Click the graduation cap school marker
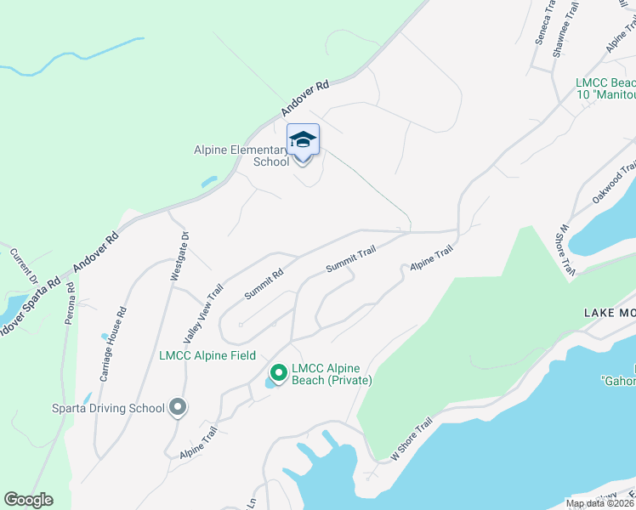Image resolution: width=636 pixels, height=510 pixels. pos(304,139)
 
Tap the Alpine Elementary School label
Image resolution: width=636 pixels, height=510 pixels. pos(242,156)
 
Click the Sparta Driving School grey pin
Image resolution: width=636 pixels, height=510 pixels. pos(178,408)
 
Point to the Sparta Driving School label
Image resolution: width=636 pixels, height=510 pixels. pos(107,408)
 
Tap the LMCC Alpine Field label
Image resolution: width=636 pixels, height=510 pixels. pos(207,354)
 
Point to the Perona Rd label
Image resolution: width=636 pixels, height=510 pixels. pos(71,300)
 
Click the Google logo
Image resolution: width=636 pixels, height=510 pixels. pos(28,500)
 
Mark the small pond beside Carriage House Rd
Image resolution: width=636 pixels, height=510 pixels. pos(105,337)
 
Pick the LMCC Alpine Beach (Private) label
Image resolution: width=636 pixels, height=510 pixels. pos(332,374)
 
